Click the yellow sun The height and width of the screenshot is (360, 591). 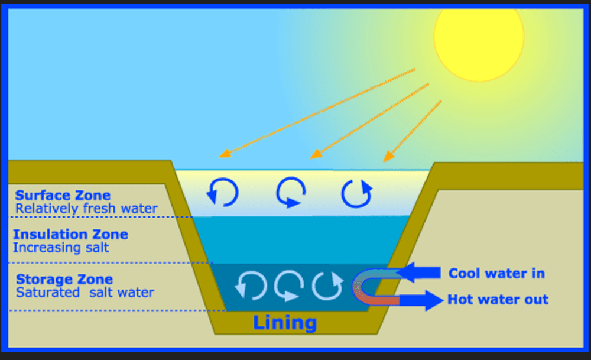pos(479,37)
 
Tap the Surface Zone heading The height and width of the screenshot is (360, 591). pos(63,195)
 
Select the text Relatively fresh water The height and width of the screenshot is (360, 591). pos(86,209)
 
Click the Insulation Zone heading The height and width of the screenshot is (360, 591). pos(70,234)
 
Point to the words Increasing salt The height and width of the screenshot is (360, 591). pos(61,248)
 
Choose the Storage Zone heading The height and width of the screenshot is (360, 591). pos(64,279)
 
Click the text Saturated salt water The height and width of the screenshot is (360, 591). pos(85,293)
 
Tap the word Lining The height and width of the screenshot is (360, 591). pos(285,323)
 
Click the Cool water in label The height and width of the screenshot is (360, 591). pos(496,273)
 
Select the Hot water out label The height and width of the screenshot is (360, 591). pos(498,300)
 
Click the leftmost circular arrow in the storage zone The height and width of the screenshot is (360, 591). pos(250,286)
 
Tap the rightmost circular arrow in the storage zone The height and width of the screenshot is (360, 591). pos(327,286)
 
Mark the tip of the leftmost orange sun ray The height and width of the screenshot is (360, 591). pos(222,155)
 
